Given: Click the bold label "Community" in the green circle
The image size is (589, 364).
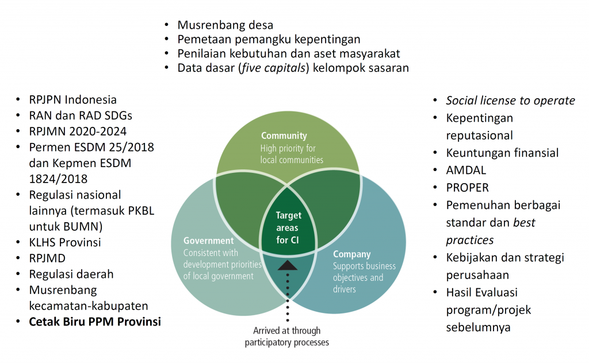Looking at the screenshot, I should (284, 136).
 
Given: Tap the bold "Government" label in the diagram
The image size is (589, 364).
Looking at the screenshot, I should (209, 241).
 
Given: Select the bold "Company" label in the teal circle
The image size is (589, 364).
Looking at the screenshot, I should (351, 254).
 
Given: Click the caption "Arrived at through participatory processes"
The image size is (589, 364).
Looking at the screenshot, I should (287, 337).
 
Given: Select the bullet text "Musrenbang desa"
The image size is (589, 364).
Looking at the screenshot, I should (225, 25).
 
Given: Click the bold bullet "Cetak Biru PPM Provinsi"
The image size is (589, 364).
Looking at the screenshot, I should (95, 322).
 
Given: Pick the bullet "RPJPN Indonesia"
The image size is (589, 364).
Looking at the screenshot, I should (72, 99).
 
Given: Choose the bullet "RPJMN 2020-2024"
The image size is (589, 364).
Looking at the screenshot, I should (78, 131).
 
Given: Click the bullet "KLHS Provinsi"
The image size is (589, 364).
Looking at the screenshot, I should (64, 242).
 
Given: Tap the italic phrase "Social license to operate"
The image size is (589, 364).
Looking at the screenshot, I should (510, 100).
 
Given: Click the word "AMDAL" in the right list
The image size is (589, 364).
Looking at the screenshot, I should (466, 171).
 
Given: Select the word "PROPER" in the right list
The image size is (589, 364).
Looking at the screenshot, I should (468, 188).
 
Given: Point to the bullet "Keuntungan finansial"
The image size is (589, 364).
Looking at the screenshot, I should (502, 153).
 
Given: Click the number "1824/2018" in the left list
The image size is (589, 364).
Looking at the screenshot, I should (58, 179).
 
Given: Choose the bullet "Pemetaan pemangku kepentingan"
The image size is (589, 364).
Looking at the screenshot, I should (269, 39).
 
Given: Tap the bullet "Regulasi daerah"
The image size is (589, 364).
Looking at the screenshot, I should (71, 274).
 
